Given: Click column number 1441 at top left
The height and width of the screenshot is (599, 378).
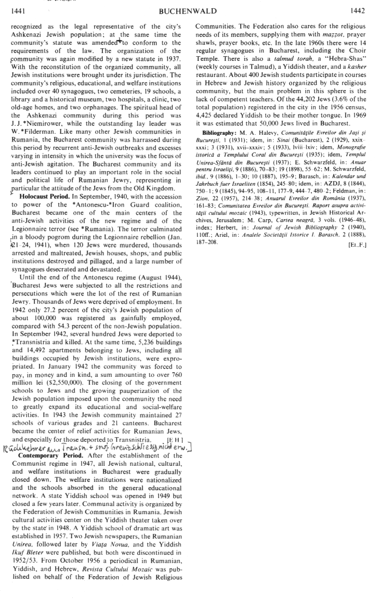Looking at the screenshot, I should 17,10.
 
